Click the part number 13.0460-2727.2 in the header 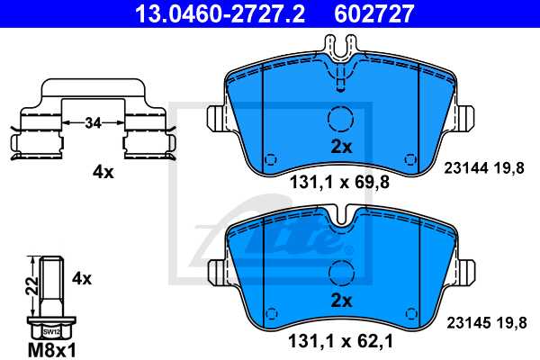[x=197, y=13]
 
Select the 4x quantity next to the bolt [x=82, y=278]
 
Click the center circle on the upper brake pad [x=339, y=119]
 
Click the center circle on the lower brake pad [x=339, y=271]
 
